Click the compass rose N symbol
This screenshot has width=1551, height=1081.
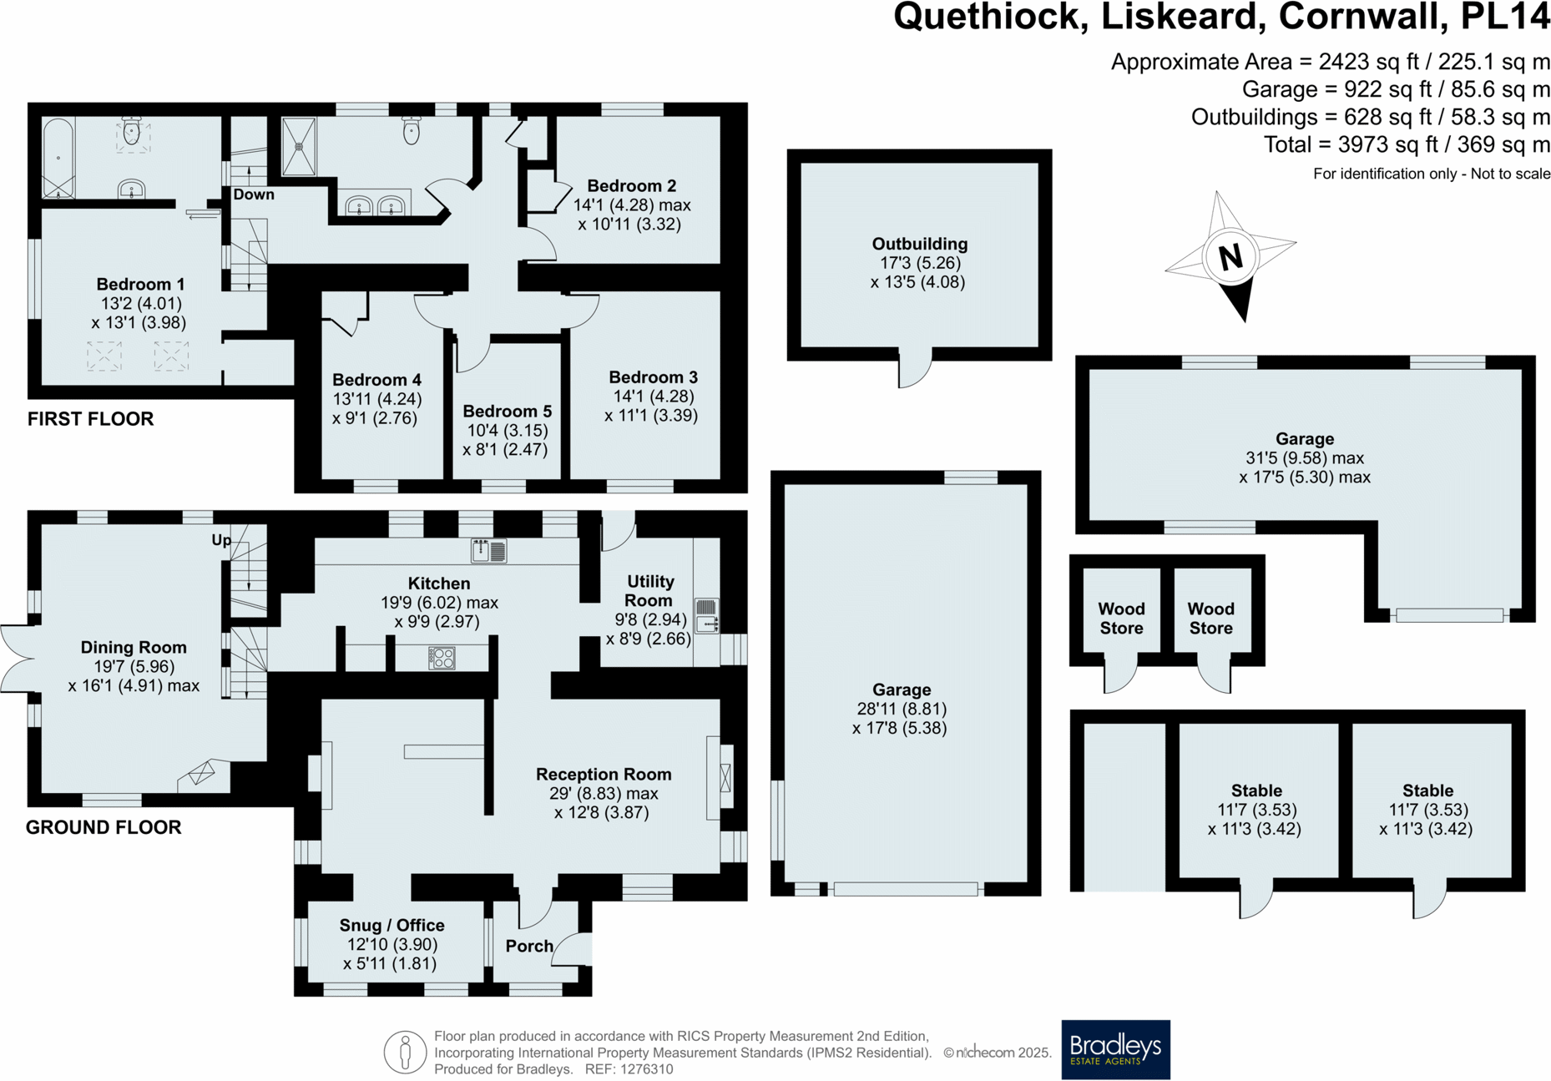[x=1230, y=257]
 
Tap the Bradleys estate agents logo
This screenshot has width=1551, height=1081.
[x=1115, y=1049]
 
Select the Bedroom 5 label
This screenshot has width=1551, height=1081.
[x=507, y=412]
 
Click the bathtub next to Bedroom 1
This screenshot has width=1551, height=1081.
[x=58, y=158]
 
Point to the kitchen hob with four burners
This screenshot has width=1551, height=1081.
[x=442, y=658]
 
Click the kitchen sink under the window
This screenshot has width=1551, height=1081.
[x=489, y=551]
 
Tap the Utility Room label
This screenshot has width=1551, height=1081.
[x=649, y=591]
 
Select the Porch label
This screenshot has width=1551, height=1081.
[x=529, y=946]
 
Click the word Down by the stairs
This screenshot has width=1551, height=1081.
[x=254, y=194]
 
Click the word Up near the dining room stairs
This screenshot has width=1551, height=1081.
[x=221, y=540]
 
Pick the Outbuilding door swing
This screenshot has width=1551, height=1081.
[x=914, y=371]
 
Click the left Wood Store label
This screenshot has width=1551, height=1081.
[x=1121, y=619]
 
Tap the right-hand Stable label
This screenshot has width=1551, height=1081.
[x=1427, y=791]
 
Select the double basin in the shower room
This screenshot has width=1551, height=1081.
[x=375, y=205]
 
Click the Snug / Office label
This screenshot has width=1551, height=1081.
[x=392, y=925]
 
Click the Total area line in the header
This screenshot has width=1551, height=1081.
[x=1406, y=145]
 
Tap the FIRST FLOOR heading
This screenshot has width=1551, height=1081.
[x=90, y=419]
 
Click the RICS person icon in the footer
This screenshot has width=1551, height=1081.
[x=405, y=1051]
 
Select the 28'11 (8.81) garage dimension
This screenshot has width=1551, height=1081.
[x=901, y=709]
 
